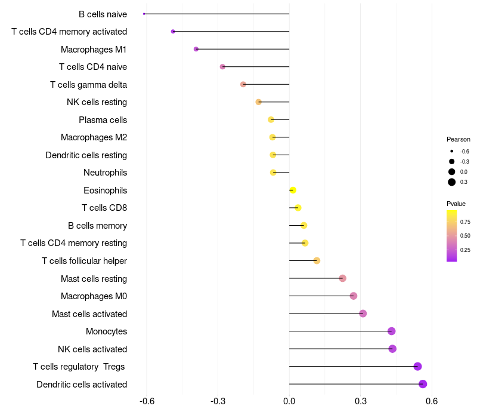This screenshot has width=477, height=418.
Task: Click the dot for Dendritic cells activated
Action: tap(423, 384)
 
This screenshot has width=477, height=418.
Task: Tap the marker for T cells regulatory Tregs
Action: tap(417, 367)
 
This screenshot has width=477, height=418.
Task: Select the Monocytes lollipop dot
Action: tap(391, 331)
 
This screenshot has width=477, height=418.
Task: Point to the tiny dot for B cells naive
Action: tap(144, 14)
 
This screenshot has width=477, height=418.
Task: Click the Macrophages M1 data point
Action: tap(196, 49)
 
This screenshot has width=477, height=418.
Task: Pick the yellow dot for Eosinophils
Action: tap(293, 190)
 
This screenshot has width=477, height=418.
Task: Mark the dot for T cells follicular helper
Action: tap(317, 261)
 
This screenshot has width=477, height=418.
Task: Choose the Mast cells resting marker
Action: tap(342, 278)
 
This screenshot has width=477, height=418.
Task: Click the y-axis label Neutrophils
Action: tap(105, 173)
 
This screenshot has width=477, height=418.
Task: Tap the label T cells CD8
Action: tap(104, 208)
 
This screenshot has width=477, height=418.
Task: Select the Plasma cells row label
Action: tap(103, 120)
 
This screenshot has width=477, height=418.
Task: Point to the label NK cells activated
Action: tap(92, 349)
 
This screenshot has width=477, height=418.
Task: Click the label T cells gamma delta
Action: tap(88, 85)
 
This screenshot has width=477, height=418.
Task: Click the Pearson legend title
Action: tap(458, 139)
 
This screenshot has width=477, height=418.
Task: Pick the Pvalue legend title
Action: tap(456, 204)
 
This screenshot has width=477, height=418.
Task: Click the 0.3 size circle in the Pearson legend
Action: tap(452, 182)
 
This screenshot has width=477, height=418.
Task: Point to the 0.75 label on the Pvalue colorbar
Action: tap(465, 222)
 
